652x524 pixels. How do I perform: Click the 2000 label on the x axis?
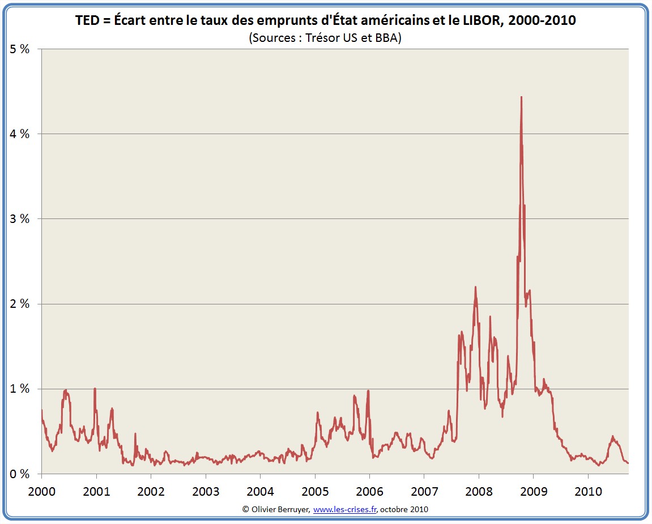(42, 490)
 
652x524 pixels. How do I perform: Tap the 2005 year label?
(315, 490)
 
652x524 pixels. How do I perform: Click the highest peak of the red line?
(521, 97)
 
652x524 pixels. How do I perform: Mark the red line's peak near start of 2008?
(475, 287)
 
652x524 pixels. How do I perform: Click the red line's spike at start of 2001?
(95, 389)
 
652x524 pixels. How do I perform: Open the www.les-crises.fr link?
(344, 509)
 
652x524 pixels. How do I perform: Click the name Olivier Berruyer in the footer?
(280, 509)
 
